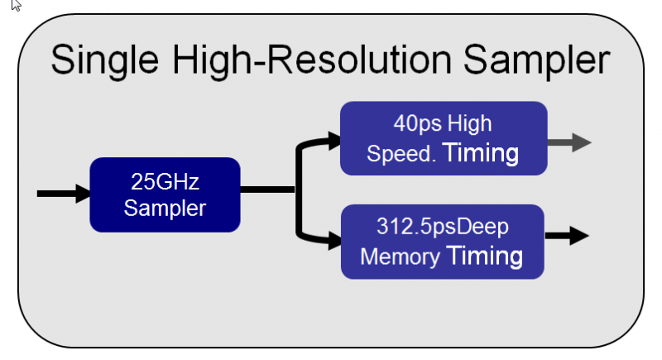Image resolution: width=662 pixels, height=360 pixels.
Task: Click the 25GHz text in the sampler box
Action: click(165, 181)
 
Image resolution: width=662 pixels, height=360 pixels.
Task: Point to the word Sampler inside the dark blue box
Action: click(165, 207)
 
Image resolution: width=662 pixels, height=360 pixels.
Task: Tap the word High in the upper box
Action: click(470, 124)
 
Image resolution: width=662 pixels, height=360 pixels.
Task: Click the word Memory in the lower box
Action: click(399, 257)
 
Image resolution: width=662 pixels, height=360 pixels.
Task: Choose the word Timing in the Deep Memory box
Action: click(484, 255)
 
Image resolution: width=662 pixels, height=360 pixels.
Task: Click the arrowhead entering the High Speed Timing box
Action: click(333, 142)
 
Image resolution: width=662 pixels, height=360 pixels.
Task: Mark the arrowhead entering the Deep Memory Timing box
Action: click(333, 242)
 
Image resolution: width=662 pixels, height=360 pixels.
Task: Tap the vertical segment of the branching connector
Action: click(299, 192)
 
